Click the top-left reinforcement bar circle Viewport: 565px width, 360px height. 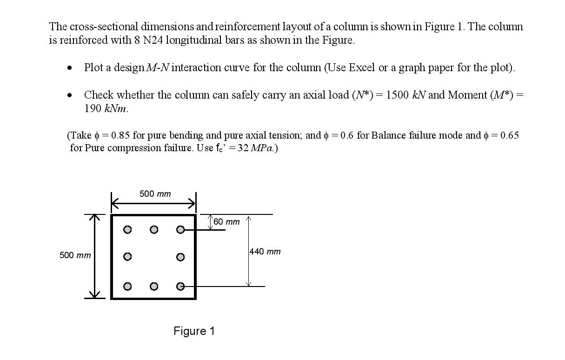(126, 229)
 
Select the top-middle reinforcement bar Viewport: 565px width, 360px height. (153, 229)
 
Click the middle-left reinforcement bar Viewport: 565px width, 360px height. (126, 256)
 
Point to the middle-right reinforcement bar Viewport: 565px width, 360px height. (181, 256)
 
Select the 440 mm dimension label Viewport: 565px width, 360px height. (266, 252)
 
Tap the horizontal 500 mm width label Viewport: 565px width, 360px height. (155, 193)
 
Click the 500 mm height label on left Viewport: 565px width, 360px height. (75, 255)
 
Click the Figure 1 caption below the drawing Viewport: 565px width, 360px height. (194, 331)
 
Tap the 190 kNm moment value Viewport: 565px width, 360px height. (106, 108)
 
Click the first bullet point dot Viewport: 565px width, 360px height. (69, 68)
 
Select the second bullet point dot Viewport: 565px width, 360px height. (69, 95)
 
